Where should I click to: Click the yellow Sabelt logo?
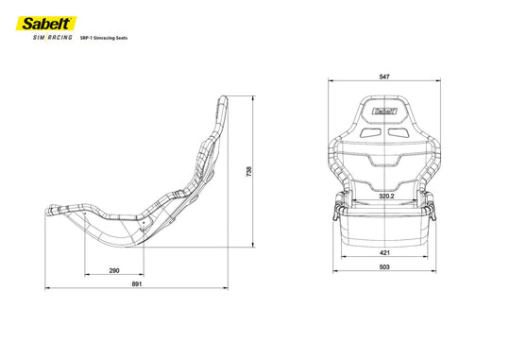pos(46,24)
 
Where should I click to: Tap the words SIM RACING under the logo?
pos(52,38)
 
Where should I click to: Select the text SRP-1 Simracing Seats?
pos(104,38)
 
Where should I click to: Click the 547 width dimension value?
pos(384,77)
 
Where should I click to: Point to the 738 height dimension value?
pos(248,172)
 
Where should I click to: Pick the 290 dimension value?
pos(114,270)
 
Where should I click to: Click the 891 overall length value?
pos(137,283)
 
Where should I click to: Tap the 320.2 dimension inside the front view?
pos(386,196)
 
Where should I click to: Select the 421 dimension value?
pos(384,252)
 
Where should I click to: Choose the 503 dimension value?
pos(384,266)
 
